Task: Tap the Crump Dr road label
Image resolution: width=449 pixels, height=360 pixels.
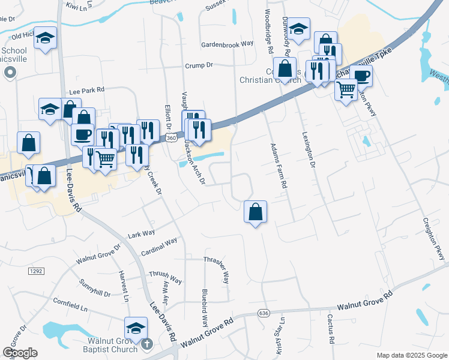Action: (199, 66)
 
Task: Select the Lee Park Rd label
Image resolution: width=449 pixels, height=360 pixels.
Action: (86, 91)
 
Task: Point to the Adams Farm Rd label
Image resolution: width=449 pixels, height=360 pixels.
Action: (277, 166)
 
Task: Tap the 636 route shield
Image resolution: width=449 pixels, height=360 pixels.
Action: (263, 313)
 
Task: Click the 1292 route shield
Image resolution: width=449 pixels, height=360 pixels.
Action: (36, 271)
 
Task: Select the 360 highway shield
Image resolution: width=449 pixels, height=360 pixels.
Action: (171, 138)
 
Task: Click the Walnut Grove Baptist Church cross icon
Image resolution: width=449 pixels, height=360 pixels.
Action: (147, 344)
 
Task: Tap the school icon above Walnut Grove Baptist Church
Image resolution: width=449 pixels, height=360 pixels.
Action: (135, 328)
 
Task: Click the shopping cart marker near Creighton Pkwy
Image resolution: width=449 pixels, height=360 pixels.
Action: (346, 90)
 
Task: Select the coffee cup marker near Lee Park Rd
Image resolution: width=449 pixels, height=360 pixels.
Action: (83, 134)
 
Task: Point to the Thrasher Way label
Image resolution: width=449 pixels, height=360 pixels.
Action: (216, 269)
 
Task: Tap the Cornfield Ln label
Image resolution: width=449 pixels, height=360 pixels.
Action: (70, 304)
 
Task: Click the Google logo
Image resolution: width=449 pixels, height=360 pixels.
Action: (20, 353)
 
